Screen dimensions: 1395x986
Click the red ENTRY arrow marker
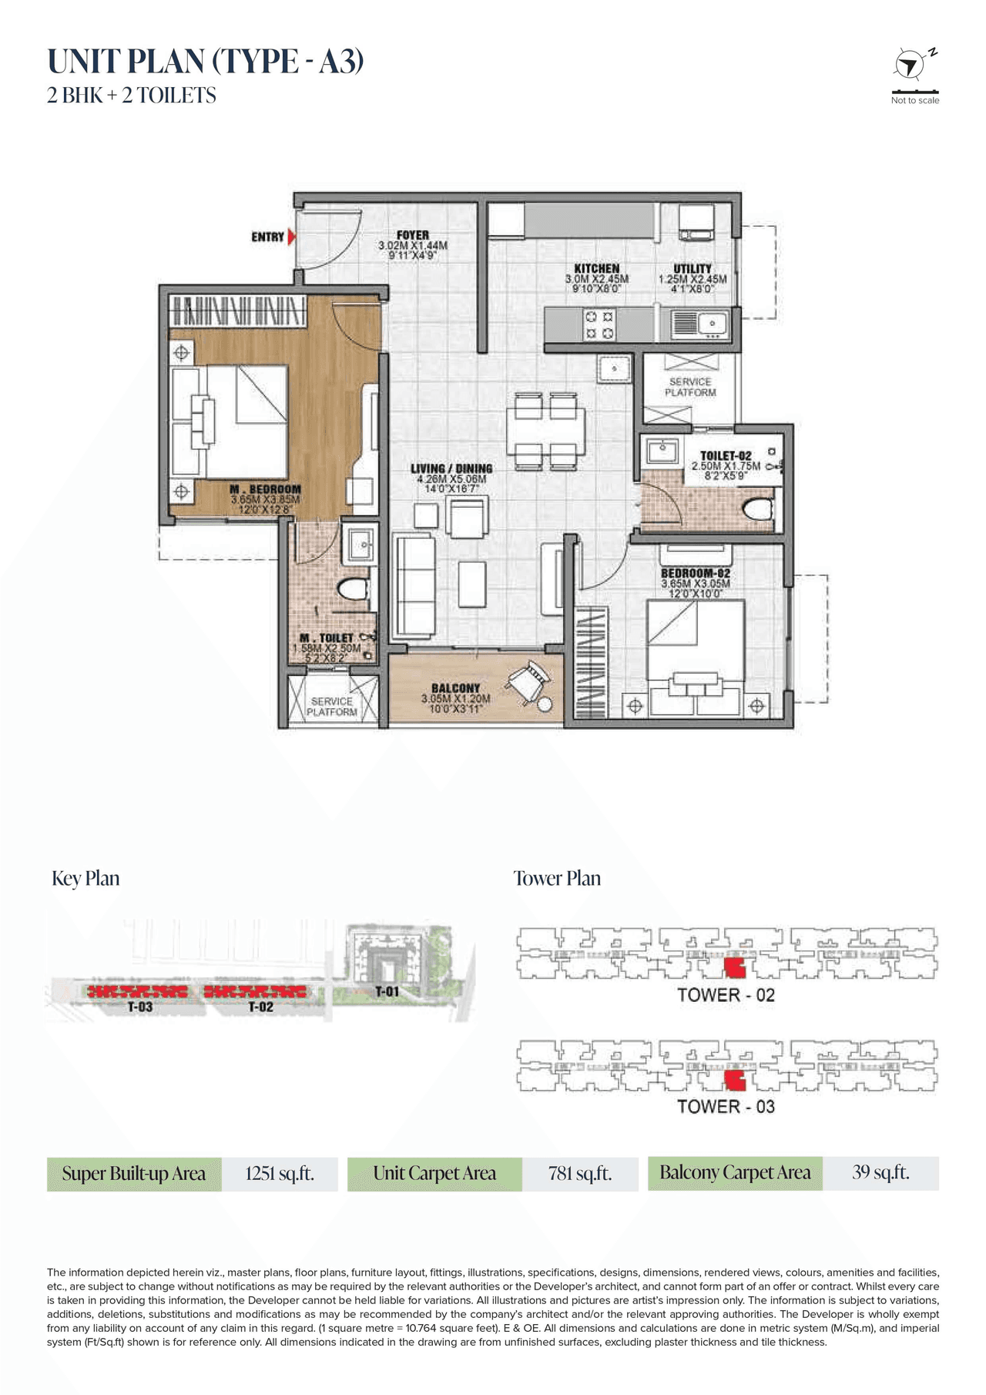(291, 237)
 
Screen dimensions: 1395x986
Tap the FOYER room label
(413, 235)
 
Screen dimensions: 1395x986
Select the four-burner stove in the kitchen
(599, 324)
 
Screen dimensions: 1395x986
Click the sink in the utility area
(699, 324)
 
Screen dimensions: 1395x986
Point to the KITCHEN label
(597, 268)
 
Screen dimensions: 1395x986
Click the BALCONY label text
(455, 688)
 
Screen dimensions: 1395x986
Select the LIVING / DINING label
(451, 469)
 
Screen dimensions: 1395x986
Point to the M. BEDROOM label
(265, 489)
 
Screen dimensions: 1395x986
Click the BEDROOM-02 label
(696, 573)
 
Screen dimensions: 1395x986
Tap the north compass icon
(911, 65)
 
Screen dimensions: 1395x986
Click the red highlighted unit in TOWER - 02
(735, 969)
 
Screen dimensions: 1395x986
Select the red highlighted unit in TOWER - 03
(736, 1081)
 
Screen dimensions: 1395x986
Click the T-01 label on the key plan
(387, 991)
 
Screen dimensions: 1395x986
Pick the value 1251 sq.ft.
(280, 1174)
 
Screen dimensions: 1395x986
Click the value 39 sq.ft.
(880, 1172)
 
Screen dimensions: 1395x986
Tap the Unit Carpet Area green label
(434, 1174)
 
